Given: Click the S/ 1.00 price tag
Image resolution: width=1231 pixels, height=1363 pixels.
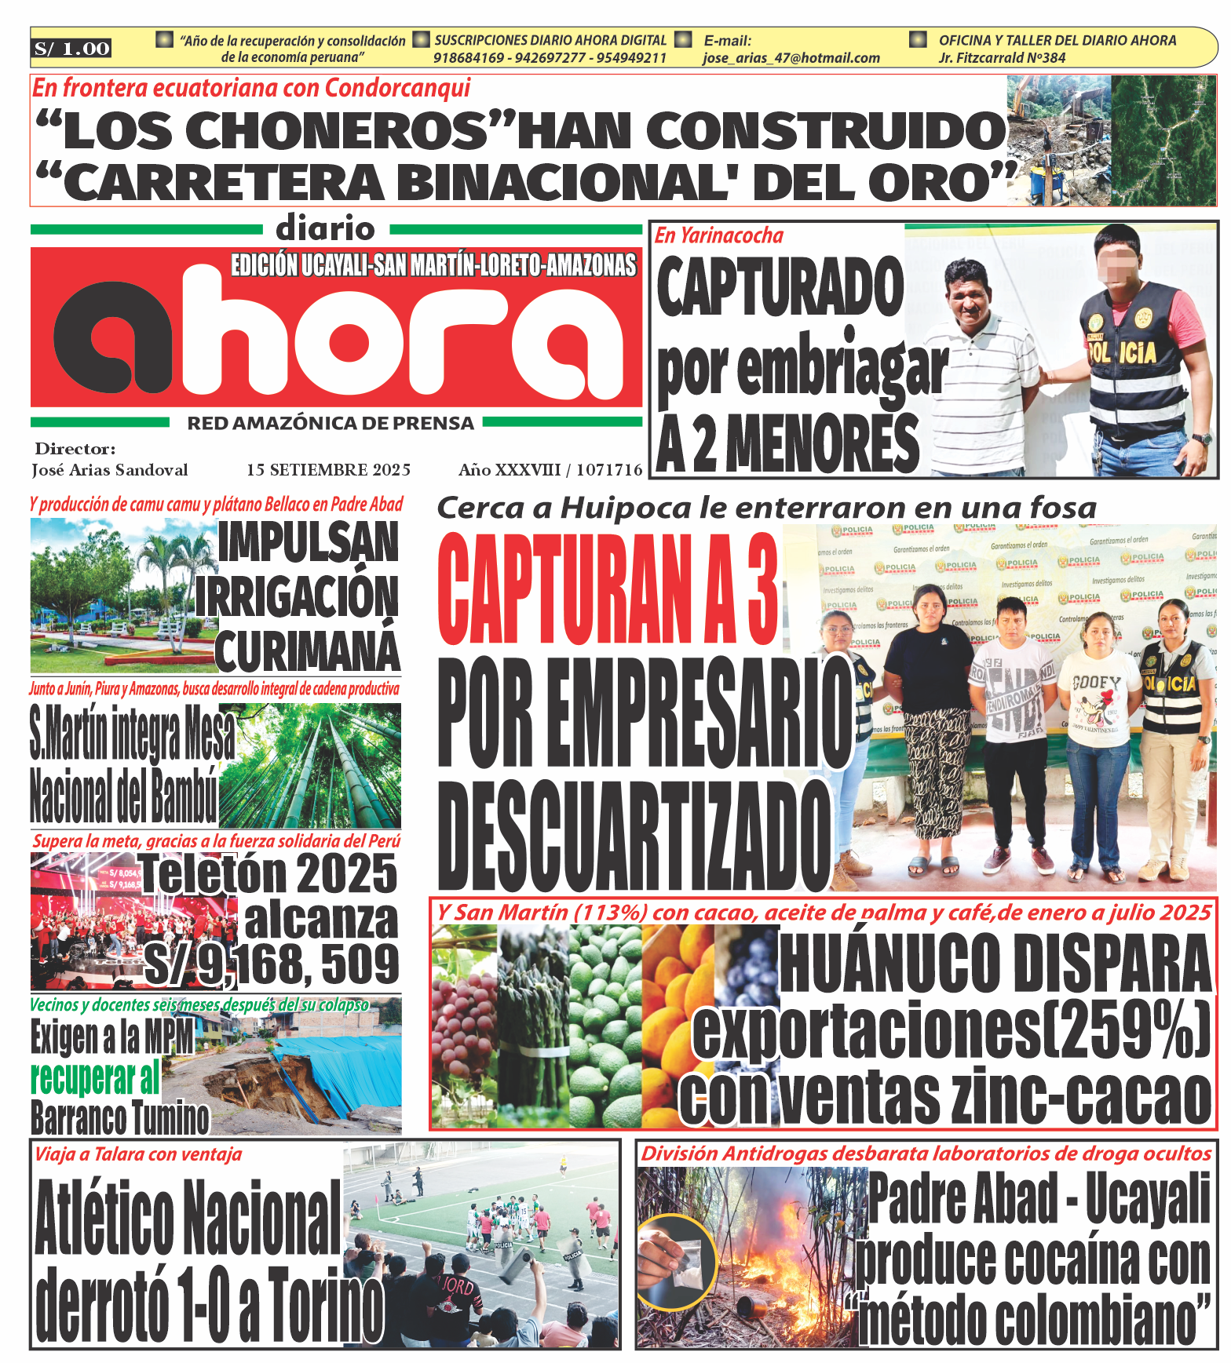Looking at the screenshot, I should coord(71,49).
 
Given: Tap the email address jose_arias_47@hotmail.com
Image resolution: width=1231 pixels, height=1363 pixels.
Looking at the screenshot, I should coord(791,58).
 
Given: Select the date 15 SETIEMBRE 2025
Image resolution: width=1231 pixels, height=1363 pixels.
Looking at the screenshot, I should coord(328,470).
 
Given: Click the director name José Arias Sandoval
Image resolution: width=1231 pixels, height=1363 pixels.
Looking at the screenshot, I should coord(110,470).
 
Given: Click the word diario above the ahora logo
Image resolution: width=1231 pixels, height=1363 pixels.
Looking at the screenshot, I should coord(326,229).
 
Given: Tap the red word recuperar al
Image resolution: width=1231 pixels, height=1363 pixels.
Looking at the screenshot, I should coord(95,1078).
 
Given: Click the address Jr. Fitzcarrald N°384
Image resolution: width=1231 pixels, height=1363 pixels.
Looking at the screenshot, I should coord(1002,58).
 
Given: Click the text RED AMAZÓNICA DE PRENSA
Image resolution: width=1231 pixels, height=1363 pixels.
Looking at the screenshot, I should coord(331,424).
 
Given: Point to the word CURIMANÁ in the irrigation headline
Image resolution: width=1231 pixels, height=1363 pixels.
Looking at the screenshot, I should coord(307,651).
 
